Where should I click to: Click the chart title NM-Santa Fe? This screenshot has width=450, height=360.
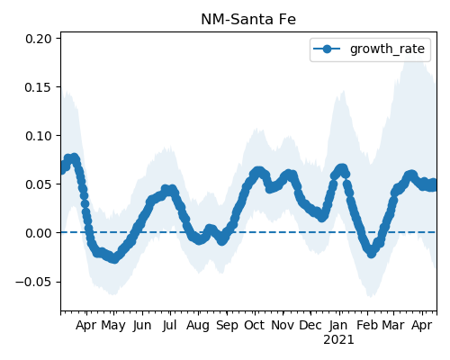[248, 20]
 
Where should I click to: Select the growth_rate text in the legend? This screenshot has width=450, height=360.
[387, 49]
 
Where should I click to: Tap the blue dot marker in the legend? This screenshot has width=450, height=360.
[327, 49]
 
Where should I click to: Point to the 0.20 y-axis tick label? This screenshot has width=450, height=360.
[39, 39]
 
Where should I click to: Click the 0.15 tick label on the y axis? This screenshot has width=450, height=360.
[39, 87]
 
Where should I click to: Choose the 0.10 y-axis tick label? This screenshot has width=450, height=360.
[39, 136]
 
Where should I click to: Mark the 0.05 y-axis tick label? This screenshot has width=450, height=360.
[39, 184]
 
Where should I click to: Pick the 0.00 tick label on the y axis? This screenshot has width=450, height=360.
[39, 233]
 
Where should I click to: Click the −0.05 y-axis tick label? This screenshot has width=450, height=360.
[33, 282]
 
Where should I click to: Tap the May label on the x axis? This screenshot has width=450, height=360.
[113, 326]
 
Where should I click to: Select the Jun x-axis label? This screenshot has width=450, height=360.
[142, 326]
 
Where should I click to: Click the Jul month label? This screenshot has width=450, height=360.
[169, 326]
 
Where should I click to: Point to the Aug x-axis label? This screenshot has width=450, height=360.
[198, 326]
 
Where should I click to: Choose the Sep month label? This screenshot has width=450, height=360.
[227, 326]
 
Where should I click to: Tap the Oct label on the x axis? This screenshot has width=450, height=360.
[255, 326]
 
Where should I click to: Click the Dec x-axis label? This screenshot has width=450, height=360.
[310, 326]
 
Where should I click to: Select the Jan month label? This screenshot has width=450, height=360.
[338, 326]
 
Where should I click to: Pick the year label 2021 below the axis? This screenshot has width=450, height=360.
[338, 340]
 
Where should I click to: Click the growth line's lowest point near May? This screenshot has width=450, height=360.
[114, 258]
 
